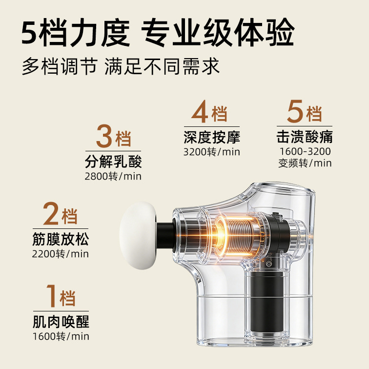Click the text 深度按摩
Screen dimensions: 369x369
pos(212,137)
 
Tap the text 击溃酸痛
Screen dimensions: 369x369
pos(305,137)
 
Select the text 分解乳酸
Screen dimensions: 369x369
pos(113,162)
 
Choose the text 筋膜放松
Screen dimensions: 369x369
pos(61,239)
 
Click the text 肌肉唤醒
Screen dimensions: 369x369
pos(61,322)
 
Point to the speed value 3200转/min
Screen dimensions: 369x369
pos(212,152)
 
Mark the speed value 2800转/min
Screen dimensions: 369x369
pos(113,176)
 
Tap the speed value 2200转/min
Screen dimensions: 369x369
pos(61,254)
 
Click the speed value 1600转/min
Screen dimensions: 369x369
pos(61,336)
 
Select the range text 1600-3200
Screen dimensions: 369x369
pos(305,151)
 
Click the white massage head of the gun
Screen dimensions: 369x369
pos(138,235)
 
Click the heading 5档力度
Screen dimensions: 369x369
pos(76,33)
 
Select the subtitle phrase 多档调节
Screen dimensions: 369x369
pos(60,66)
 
